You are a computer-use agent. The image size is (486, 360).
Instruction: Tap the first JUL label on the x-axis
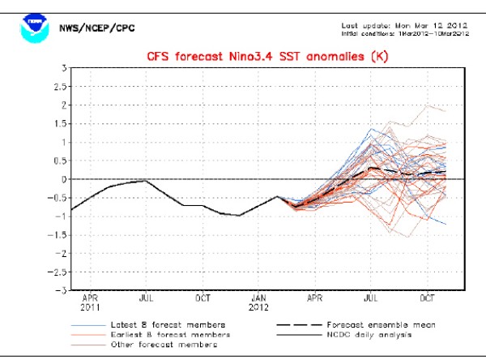145,298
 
